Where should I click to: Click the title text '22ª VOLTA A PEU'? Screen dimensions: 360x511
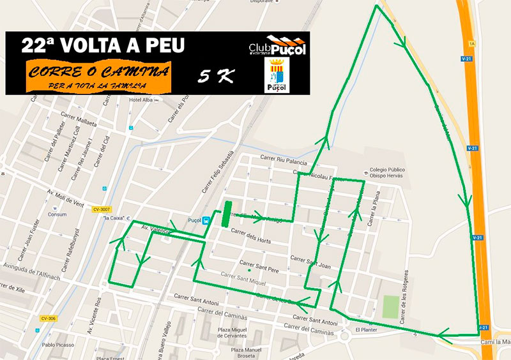pos(103,45)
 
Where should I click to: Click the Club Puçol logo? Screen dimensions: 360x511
pos(277,47)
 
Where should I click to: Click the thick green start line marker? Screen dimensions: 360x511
pos(225,214)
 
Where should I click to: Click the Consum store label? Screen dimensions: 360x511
pos(57,214)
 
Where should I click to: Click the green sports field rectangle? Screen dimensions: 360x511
pos(390,307)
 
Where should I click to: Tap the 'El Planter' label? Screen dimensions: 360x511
pos(366,329)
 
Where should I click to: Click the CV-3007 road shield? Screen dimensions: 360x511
pos(102,209)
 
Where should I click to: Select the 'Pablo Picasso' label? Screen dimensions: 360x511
pos(56,345)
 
